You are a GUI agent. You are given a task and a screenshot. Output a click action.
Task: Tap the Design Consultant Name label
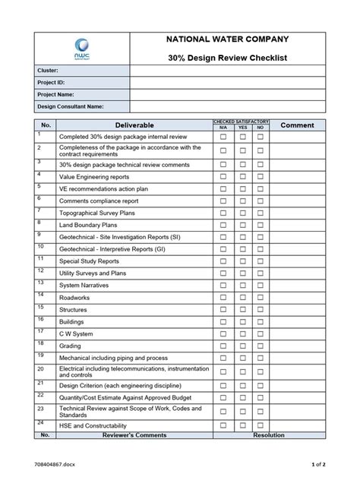tap(71, 106)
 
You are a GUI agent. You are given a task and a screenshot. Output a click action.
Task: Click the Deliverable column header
tap(134, 125)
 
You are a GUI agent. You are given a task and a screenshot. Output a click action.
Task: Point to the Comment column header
tap(297, 125)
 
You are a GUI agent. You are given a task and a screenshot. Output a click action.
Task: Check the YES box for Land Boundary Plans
tap(242, 226)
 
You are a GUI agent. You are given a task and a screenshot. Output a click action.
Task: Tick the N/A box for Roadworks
tap(223, 298)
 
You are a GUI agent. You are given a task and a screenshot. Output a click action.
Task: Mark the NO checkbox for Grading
tap(261, 346)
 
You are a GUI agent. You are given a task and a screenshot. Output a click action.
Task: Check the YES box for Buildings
tap(242, 321)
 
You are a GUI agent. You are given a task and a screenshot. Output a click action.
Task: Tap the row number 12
tap(39, 270)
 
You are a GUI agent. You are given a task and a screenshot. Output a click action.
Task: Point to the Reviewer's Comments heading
tap(134, 436)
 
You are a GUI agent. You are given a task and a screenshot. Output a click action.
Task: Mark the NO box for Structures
tap(261, 310)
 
